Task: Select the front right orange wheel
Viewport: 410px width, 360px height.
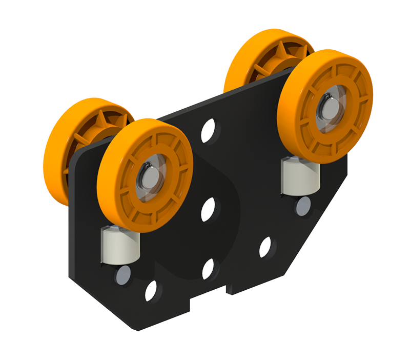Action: (x=354, y=87)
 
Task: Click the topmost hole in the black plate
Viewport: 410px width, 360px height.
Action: (x=209, y=131)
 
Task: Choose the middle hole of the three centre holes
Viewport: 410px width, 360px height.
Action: (x=208, y=210)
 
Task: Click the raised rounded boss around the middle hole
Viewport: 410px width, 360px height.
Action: (x=225, y=205)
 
